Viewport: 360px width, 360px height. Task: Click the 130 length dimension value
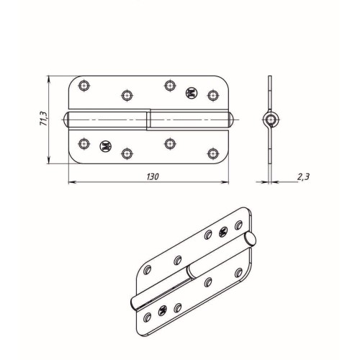153,177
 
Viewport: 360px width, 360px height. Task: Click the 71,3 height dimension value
44,119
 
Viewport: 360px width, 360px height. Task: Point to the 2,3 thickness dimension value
303,177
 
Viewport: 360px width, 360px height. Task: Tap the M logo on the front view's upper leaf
192,93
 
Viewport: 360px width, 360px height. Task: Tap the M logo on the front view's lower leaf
106,145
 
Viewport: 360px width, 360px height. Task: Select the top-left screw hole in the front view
84,85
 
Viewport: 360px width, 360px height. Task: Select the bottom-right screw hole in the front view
213,153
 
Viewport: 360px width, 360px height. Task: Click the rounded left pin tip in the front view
66,120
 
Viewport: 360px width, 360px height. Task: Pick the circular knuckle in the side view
271,120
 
